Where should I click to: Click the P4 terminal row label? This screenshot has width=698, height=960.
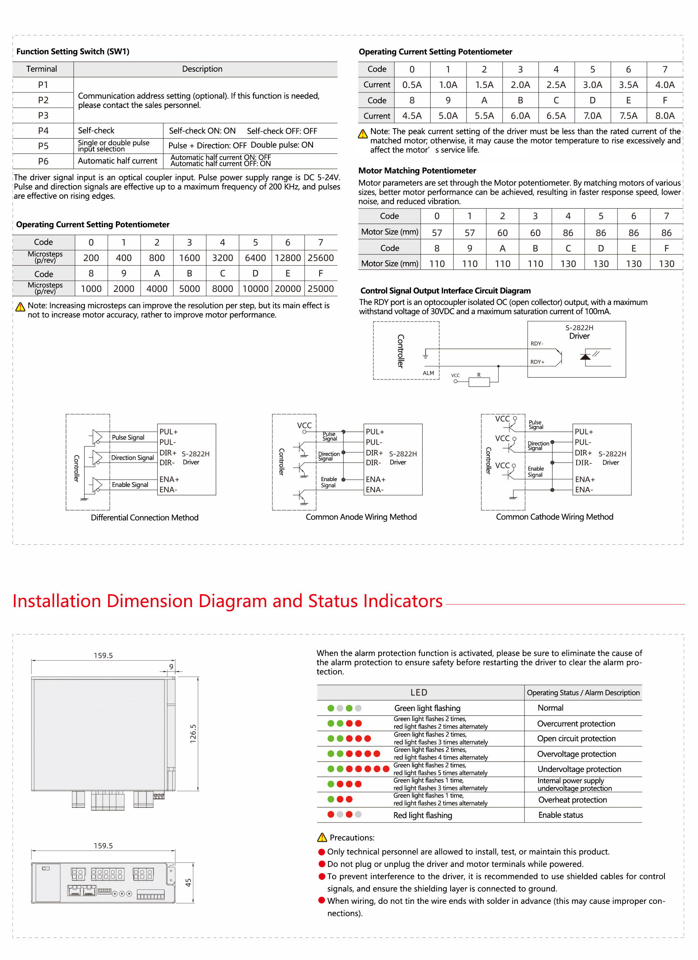coord(43,131)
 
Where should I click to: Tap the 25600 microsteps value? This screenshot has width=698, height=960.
coord(320,258)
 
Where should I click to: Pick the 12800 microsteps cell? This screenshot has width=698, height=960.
coord(288,258)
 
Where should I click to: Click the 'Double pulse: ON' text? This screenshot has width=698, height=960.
coord(282,145)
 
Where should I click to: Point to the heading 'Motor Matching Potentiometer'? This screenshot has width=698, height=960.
coord(417,171)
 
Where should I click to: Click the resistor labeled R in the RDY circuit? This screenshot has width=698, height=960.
coord(479,382)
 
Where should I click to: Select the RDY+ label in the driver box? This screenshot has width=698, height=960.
coord(537,362)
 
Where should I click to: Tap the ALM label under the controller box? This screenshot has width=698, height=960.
coord(428,373)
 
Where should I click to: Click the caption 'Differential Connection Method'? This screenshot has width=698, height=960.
coord(144,517)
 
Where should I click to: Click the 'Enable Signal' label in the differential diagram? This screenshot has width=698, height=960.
coord(130,485)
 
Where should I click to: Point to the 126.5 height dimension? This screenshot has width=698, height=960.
coord(193,733)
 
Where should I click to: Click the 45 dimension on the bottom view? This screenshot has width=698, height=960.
coord(188,882)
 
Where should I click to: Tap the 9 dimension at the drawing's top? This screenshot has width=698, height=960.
coord(171,667)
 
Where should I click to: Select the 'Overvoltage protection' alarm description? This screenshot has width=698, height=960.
coord(576,754)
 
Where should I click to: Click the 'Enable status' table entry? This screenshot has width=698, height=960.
coord(560,815)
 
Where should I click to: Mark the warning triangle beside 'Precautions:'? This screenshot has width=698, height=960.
coord(322,838)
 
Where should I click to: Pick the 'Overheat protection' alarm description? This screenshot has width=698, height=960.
coord(572,800)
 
